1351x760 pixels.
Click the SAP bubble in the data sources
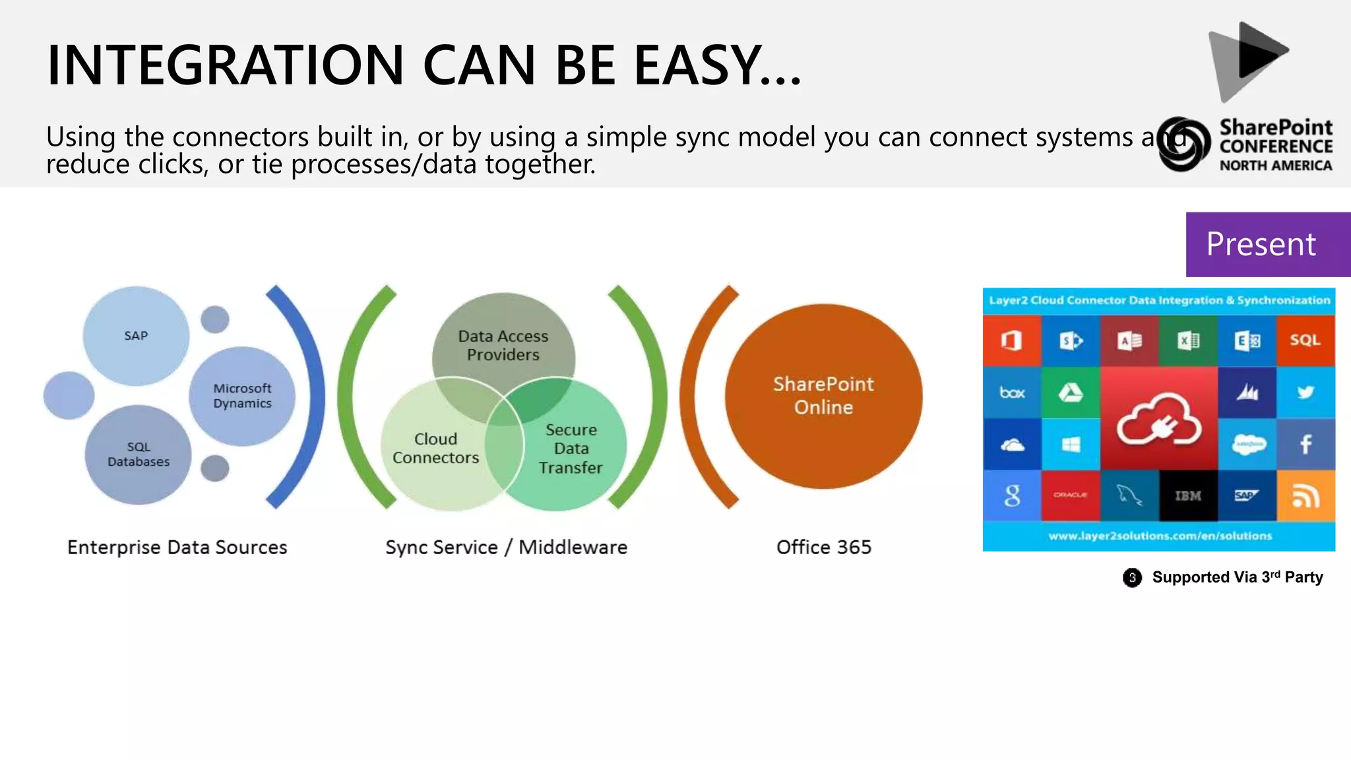pos(136,336)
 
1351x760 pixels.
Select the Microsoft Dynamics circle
pos(242,396)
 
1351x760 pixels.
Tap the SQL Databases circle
pos(139,455)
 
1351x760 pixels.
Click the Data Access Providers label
pos(503,346)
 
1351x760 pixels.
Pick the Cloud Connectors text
pos(435,449)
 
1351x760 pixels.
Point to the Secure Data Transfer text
pos(571,449)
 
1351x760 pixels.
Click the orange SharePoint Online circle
pos(823,396)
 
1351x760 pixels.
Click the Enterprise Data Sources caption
pos(177,547)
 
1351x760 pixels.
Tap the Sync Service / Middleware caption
pos(506,547)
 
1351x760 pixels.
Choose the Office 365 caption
pos(823,547)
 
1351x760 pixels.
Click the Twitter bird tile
pos(1305,393)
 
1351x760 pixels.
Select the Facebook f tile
pos(1305,444)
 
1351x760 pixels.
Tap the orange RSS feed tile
pos(1305,495)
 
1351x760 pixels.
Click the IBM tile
pos(1188,495)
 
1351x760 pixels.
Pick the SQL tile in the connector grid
pos(1305,340)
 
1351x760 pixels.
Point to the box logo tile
pos(1012,393)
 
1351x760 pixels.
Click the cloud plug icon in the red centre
pos(1159,420)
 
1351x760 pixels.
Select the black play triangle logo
pos(1260,51)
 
